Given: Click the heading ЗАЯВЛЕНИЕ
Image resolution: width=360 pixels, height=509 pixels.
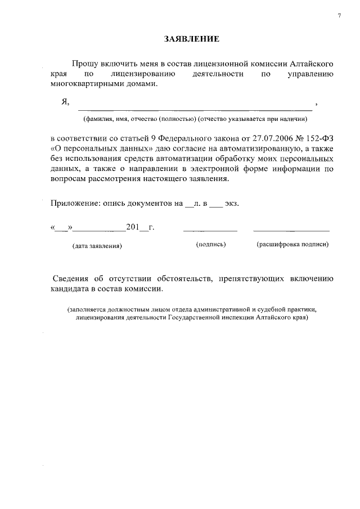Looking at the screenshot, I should [191, 39].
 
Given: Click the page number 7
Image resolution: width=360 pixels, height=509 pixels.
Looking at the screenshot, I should [339, 15].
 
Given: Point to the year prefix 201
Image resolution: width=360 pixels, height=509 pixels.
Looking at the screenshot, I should [132, 227].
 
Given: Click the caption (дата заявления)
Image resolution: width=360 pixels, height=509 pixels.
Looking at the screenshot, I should [97, 246].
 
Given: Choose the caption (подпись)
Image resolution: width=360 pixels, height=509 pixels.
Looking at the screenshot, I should [211, 245].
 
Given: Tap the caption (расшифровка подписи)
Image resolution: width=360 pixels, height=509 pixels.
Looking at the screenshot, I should [292, 245].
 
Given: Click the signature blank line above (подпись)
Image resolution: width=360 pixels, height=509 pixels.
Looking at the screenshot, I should [210, 231].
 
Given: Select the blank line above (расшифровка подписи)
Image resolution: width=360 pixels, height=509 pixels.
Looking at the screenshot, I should [291, 231].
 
